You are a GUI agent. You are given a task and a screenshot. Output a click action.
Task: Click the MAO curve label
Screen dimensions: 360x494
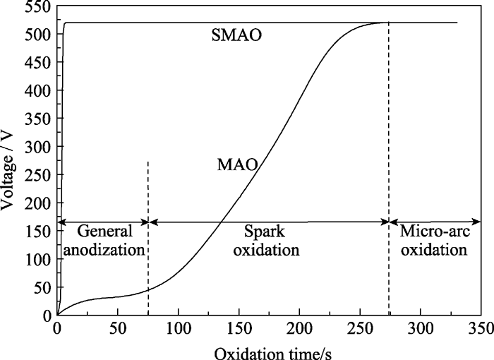click(x=236, y=166)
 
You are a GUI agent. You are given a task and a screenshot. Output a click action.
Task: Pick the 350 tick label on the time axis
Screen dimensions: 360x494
click(x=481, y=330)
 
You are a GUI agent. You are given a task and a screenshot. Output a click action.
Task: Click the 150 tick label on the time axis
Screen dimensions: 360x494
click(x=239, y=330)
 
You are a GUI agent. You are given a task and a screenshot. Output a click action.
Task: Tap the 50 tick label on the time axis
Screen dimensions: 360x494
click(x=117, y=330)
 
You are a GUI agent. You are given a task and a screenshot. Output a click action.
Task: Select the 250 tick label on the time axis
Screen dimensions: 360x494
click(x=359, y=330)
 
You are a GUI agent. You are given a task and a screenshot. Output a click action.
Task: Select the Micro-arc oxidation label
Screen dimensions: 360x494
click(x=434, y=240)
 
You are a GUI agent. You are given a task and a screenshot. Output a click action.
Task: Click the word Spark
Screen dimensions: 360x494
click(x=268, y=231)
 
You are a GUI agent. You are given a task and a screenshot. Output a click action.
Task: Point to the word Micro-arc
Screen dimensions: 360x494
click(x=434, y=231)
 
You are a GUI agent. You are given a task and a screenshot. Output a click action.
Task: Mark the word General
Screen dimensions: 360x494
click(x=104, y=231)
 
